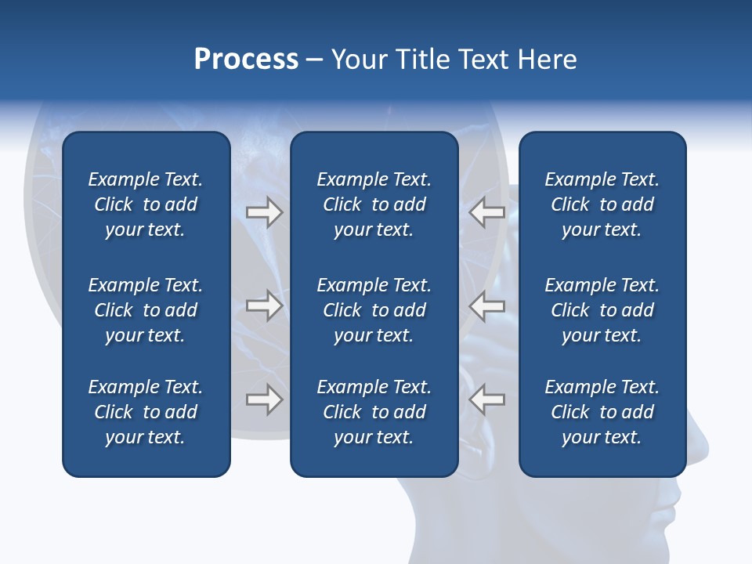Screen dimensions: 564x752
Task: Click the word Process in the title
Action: [x=246, y=60]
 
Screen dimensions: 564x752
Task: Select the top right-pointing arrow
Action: [x=264, y=212]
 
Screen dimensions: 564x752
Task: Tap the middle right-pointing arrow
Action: [x=264, y=305]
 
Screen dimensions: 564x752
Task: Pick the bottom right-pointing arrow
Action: [x=264, y=399]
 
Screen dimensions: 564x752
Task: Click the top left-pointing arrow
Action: [x=486, y=212]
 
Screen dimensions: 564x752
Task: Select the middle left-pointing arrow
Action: [x=486, y=305]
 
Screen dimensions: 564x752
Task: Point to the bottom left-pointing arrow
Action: [x=486, y=399]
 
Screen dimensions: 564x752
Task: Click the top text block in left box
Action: [x=146, y=204]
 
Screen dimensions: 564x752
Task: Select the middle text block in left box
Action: [x=146, y=310]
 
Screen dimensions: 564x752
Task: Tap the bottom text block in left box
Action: [x=146, y=412]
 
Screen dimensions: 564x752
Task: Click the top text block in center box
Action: [x=374, y=204]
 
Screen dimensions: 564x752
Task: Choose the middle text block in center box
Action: [x=374, y=310]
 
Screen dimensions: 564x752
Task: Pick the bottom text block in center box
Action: [x=374, y=412]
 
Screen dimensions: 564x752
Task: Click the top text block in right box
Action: [x=602, y=204]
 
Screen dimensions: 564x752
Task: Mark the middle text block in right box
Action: [x=602, y=310]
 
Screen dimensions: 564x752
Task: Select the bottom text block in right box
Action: [x=602, y=412]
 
